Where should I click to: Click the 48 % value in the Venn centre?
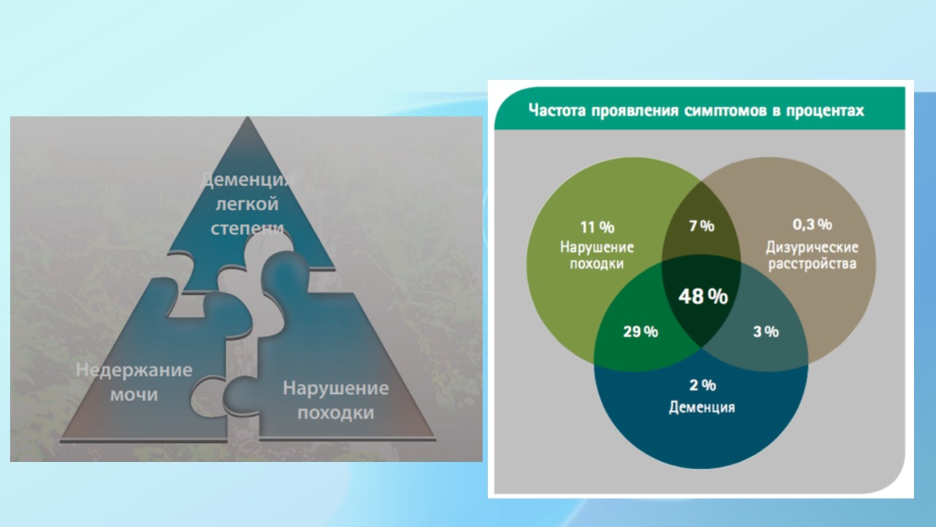pos(703,296)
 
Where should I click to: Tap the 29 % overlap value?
pos(641,332)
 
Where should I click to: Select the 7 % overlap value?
pos(701,226)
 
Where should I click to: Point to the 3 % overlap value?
pos(766,332)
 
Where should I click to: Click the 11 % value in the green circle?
pos(597,228)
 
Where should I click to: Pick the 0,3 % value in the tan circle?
pos(812,225)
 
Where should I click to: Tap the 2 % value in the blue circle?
pos(703,385)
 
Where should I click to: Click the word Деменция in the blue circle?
pos(702,407)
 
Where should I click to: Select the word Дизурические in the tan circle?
pos(812,247)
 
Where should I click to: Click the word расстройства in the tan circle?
pos(812,264)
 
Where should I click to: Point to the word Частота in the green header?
pos(557,111)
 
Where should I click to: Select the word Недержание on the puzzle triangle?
pos(134,370)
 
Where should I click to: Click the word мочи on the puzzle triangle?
pos(134,395)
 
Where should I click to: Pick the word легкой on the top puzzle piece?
pos(247,204)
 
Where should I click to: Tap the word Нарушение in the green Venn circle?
pos(597,247)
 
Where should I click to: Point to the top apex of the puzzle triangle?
pos(247,117)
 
